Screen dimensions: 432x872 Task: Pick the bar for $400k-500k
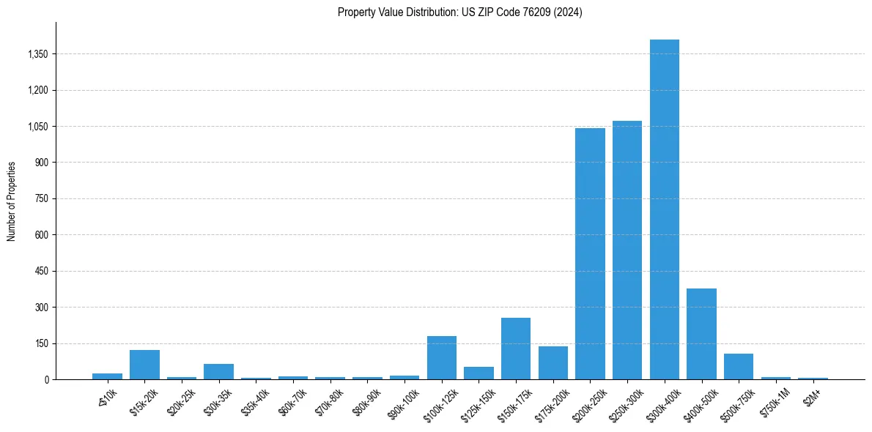701,334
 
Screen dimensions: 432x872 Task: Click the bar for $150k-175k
516,349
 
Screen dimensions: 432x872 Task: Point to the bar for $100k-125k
441,357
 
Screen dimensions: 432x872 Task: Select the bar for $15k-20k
144,365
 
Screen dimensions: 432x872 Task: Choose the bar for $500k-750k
739,366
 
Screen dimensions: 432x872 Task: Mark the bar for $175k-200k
553,362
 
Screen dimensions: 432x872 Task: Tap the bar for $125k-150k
479,373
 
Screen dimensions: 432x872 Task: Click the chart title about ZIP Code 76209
459,12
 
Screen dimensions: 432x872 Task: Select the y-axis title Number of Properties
12,201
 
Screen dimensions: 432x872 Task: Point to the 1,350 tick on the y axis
37,54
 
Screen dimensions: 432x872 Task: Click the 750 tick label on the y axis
41,198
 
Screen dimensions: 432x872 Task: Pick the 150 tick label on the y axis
41,343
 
